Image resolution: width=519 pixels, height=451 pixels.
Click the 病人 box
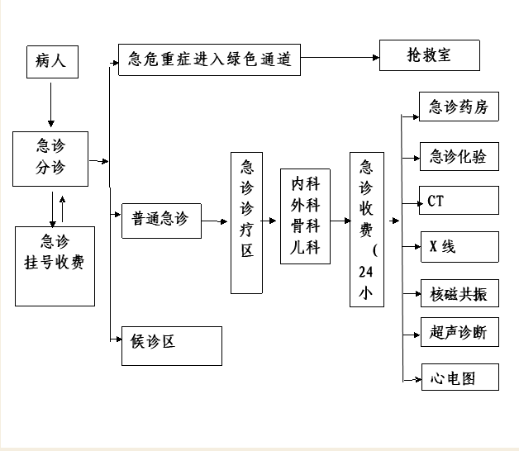(x=52, y=62)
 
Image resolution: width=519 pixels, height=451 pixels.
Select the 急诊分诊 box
(x=50, y=159)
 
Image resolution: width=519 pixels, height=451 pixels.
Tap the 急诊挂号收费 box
(x=55, y=266)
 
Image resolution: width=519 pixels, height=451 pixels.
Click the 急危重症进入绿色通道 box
(x=210, y=60)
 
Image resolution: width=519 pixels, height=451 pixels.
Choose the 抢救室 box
(x=429, y=55)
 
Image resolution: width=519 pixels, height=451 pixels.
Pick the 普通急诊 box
(x=161, y=221)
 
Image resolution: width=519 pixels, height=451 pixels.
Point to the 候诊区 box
(x=172, y=346)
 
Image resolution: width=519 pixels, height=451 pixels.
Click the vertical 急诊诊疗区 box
(x=246, y=223)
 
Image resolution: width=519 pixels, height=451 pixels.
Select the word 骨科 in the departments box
(x=305, y=226)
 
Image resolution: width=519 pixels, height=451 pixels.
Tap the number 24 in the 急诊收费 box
(x=366, y=272)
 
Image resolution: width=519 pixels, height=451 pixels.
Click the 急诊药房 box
(x=459, y=107)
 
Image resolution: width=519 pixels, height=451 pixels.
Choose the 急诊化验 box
(x=459, y=156)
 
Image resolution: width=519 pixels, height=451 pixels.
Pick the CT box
(x=459, y=200)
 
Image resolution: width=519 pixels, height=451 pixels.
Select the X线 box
(x=459, y=247)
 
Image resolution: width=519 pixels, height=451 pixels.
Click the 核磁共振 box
(x=459, y=293)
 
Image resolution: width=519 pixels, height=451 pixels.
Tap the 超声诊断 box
(x=459, y=332)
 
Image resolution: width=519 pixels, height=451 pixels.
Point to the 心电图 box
(x=460, y=377)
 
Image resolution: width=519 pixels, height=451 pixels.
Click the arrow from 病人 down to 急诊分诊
(x=51, y=105)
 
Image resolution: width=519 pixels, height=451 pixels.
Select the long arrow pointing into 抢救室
(x=340, y=58)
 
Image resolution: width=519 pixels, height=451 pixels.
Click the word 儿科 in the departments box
(x=305, y=247)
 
